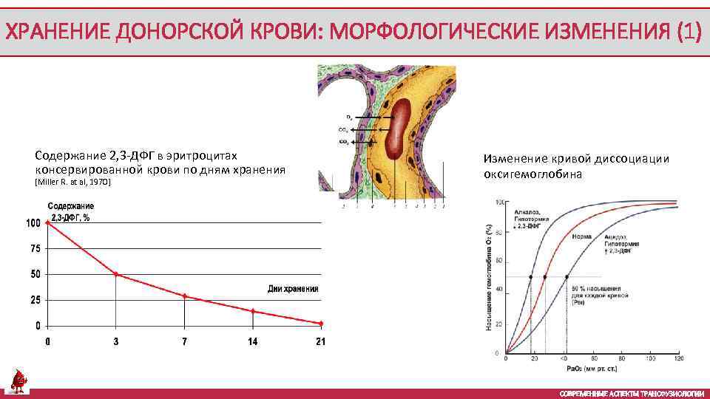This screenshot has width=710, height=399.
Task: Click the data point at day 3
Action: click(x=116, y=274)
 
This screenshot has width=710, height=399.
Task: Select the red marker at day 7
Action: click(x=184, y=296)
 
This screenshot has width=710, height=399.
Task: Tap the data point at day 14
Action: click(x=253, y=311)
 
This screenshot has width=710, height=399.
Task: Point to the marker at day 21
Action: click(x=321, y=323)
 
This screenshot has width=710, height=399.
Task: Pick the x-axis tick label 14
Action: click(x=253, y=341)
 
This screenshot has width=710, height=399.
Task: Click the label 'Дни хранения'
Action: click(x=292, y=289)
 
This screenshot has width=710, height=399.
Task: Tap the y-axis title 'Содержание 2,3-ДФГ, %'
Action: click(x=71, y=211)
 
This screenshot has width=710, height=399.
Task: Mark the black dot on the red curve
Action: click(x=545, y=277)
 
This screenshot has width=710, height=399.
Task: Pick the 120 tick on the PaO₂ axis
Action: click(x=677, y=359)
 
